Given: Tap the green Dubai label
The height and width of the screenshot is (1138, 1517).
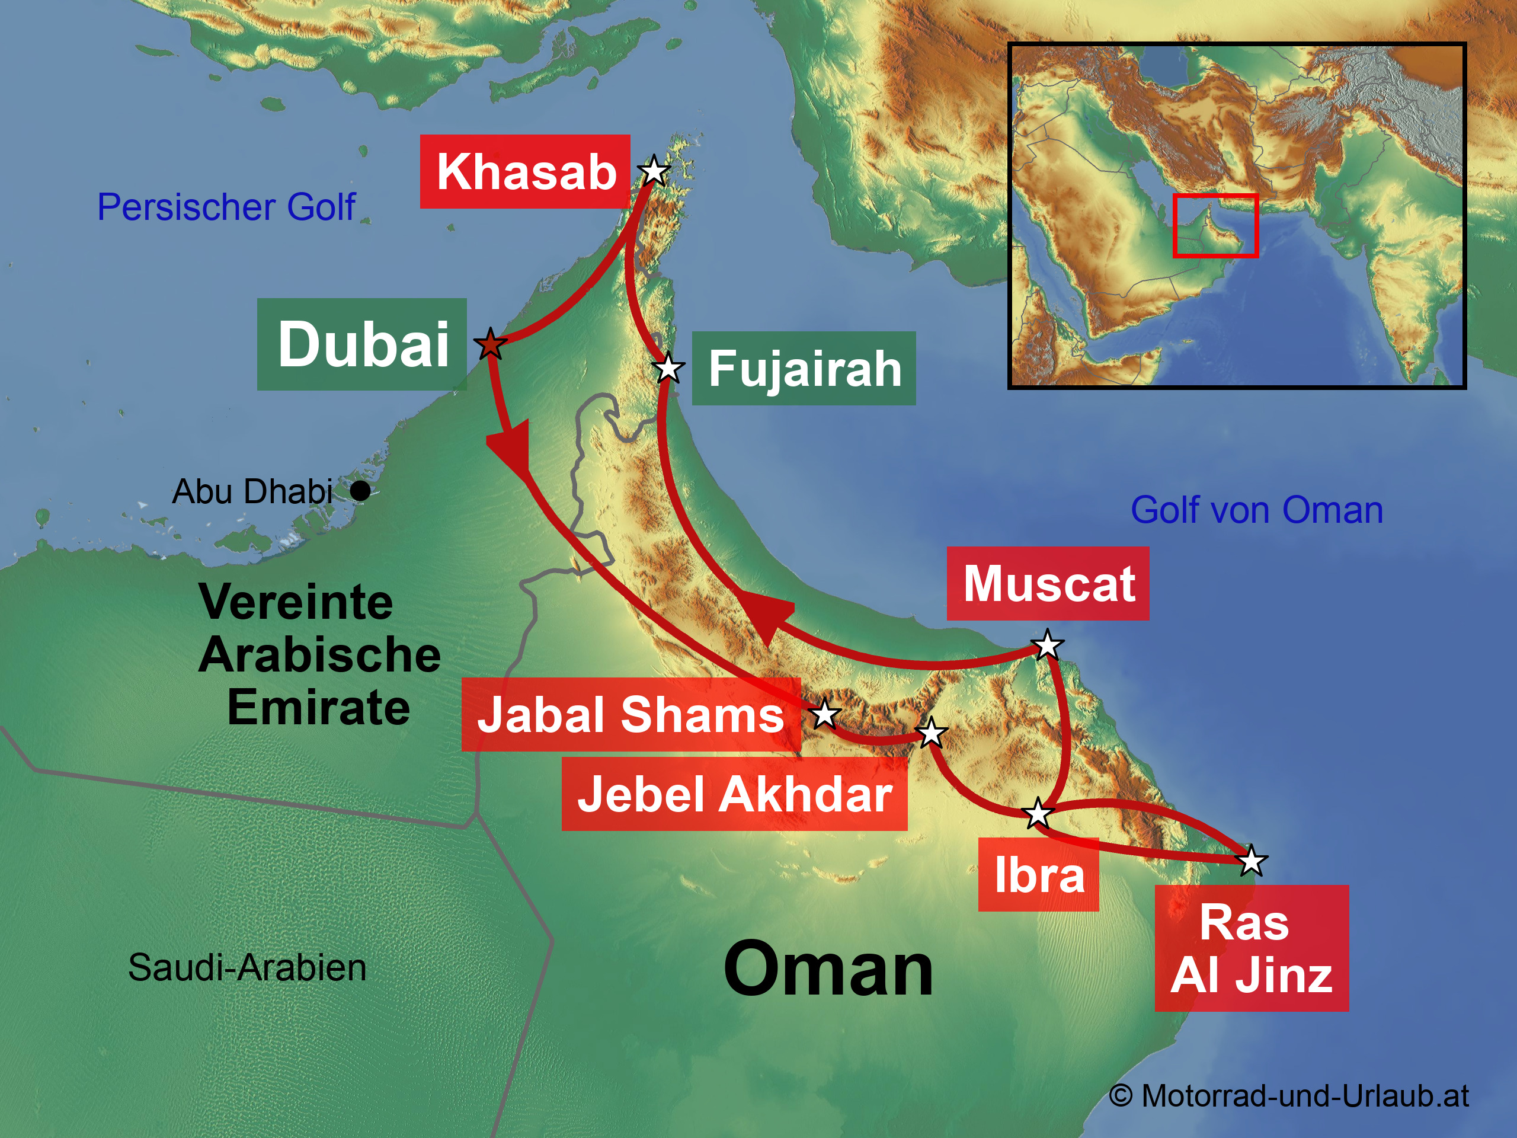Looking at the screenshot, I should (362, 344).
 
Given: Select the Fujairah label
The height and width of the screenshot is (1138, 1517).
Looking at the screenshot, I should (804, 368).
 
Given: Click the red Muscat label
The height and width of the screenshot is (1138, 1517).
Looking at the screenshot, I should (1048, 584).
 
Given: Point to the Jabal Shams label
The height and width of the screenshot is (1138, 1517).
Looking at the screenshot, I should (631, 714).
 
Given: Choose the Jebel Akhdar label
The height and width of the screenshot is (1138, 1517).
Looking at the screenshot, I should (734, 794).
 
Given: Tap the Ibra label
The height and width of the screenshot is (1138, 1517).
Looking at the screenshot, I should (1038, 875).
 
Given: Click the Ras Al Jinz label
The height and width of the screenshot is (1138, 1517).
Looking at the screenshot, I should (1252, 948).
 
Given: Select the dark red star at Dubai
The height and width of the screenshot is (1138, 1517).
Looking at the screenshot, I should (490, 344).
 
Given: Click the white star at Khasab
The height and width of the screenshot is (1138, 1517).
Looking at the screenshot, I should (654, 171).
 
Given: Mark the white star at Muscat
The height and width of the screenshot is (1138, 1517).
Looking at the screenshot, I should (1047, 645).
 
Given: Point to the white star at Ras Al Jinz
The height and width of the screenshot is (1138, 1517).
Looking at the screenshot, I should (1252, 860).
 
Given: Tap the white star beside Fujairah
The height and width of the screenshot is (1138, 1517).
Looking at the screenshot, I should (668, 367).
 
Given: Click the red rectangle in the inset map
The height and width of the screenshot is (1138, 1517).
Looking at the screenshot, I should (1215, 226).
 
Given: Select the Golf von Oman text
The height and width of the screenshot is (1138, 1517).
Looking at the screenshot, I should (1256, 510).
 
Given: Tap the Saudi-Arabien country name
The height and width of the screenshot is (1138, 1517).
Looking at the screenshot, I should (247, 968).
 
